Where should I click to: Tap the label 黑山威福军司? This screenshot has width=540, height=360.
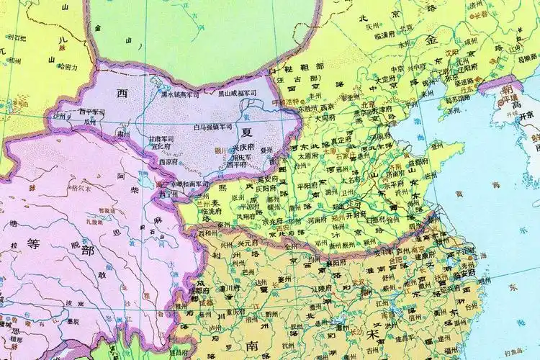(x=237, y=93)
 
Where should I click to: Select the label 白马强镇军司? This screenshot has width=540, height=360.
(x=213, y=126)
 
